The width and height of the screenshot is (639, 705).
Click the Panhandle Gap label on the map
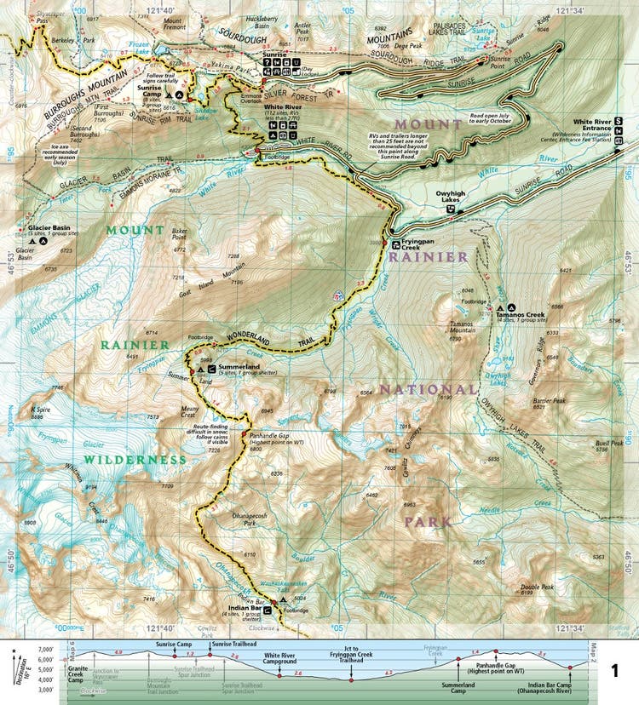pyautogui.click(x=271, y=434)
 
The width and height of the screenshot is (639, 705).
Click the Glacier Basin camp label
pyautogui.click(x=48, y=228)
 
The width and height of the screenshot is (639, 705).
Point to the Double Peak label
pyautogui.click(x=537, y=587)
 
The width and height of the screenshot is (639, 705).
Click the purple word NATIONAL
pyautogui.click(x=427, y=389)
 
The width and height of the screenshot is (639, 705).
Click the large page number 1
pyautogui.click(x=615, y=671)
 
